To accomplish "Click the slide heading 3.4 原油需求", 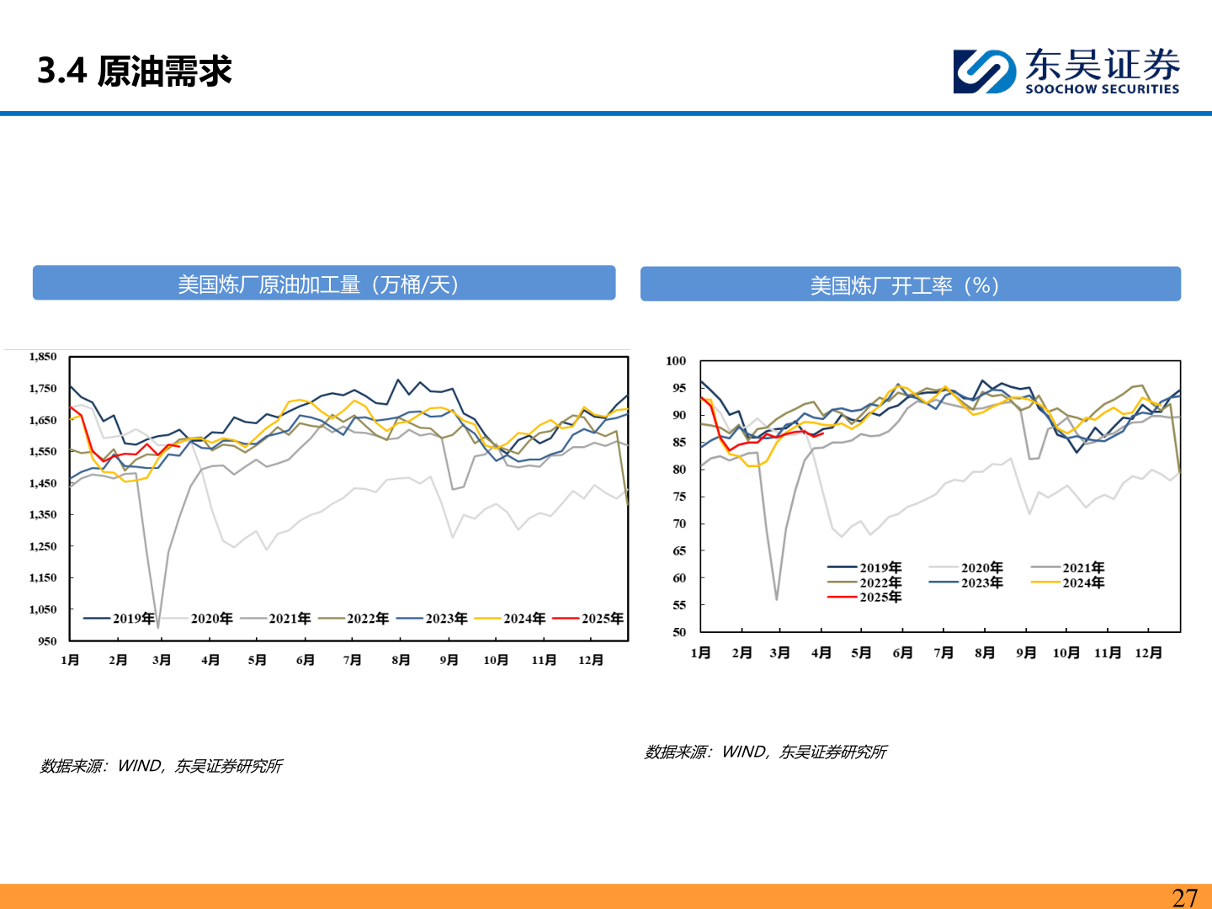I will click(x=135, y=72).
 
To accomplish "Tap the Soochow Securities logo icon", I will click(x=984, y=72).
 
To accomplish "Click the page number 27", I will click(x=1184, y=897).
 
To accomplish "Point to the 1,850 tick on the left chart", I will click(x=43, y=357).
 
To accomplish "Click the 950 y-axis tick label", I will click(x=47, y=641).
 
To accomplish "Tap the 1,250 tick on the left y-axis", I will click(x=43, y=546).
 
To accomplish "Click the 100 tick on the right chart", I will click(x=676, y=361).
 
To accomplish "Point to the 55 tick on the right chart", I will click(x=679, y=605).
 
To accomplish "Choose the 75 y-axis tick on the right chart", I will click(x=679, y=497).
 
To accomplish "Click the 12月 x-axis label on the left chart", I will click(x=591, y=660).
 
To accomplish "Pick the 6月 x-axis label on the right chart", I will click(x=902, y=653).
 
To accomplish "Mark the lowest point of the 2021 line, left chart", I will click(x=158, y=627).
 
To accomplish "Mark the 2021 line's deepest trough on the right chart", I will click(x=776, y=599).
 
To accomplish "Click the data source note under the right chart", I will click(x=765, y=752).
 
